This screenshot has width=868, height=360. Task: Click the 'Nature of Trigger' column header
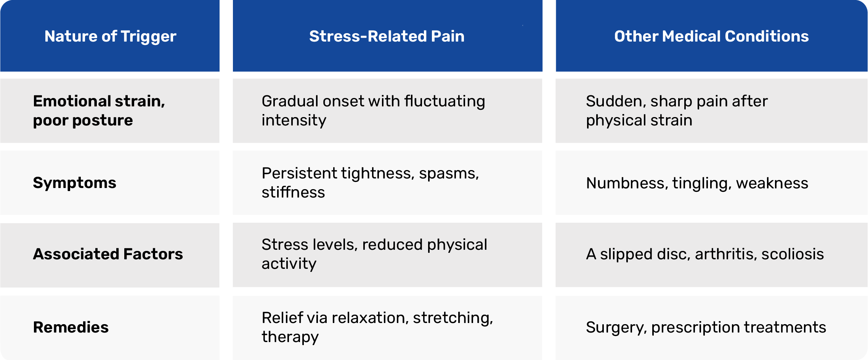(x=110, y=37)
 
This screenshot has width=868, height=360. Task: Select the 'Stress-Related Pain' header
(x=387, y=36)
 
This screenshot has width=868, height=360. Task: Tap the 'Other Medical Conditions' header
(x=711, y=36)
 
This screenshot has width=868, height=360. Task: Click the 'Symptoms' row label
(x=75, y=183)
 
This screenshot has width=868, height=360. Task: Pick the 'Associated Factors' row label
(x=108, y=254)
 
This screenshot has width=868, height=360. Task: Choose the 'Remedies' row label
(x=71, y=327)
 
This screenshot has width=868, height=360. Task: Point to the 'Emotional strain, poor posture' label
(x=99, y=111)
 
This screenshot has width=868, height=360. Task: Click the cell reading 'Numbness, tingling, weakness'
(x=697, y=183)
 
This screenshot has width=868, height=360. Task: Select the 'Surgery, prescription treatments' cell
(x=706, y=328)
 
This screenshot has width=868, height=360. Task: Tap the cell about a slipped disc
(x=705, y=254)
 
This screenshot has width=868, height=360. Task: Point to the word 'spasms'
(x=449, y=174)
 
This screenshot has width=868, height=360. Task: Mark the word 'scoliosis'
(x=793, y=254)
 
